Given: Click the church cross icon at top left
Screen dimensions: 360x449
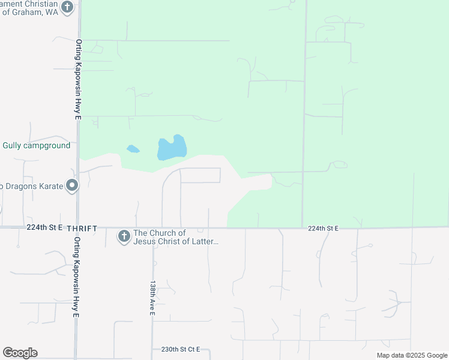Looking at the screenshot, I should click(x=67, y=8).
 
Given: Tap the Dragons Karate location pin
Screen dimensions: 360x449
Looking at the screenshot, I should click(x=72, y=186).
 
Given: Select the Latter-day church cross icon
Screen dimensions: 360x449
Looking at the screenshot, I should click(x=124, y=236).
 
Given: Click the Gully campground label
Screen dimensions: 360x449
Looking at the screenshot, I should click(x=36, y=146).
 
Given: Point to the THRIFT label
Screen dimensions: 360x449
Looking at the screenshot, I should click(x=82, y=229).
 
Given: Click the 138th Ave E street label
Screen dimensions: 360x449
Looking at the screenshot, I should click(x=153, y=298).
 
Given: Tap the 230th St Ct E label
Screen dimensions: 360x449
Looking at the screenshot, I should click(x=180, y=349).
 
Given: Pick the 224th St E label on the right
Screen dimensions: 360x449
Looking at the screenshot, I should click(x=324, y=229).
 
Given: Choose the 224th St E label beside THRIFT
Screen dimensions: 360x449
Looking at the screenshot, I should click(x=45, y=228).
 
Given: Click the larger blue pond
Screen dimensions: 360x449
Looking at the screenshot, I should click(x=172, y=148).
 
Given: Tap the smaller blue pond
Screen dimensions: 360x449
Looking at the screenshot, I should click(x=133, y=149).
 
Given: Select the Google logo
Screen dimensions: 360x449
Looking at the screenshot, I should click(x=20, y=353).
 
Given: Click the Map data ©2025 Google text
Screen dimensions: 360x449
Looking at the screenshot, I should click(x=412, y=355).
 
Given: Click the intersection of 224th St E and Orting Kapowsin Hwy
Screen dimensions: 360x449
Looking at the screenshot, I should click(x=78, y=227).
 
